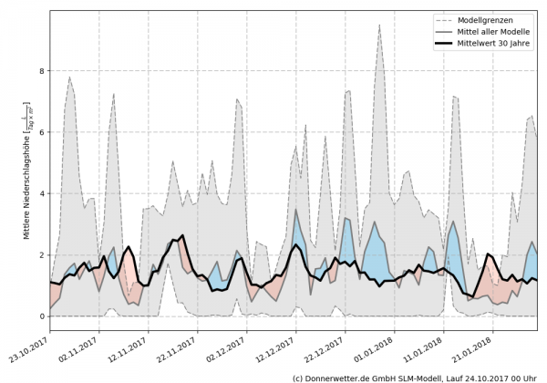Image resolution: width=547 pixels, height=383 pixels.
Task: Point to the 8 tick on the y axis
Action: pyautogui.click(x=41, y=70)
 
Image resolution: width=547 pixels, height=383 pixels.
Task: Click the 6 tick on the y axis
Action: pyautogui.click(x=41, y=131)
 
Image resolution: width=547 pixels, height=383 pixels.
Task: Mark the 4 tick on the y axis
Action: pyautogui.click(x=41, y=193)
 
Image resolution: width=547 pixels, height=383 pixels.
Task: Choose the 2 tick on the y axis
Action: pyautogui.click(x=41, y=254)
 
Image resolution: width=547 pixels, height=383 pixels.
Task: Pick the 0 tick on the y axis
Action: pyautogui.click(x=41, y=316)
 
